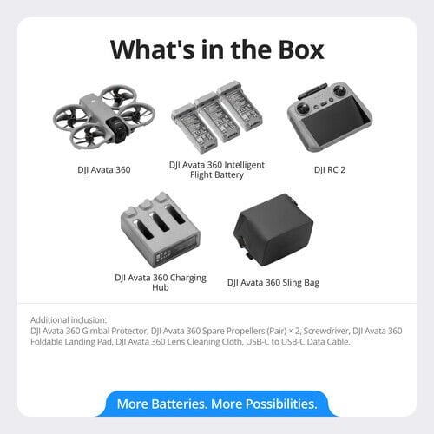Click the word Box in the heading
301,49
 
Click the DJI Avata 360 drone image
104,118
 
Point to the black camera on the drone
116,131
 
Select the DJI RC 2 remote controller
330,117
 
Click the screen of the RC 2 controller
336,122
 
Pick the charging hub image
160,230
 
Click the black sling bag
273,230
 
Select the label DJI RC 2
330,169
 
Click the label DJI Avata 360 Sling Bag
273,282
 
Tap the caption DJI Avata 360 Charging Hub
161,282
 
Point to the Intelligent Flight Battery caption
217,170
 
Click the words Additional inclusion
69,320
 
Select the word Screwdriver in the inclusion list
326,331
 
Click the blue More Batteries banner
217,404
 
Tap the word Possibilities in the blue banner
281,404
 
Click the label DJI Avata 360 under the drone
104,169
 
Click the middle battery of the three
218,118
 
